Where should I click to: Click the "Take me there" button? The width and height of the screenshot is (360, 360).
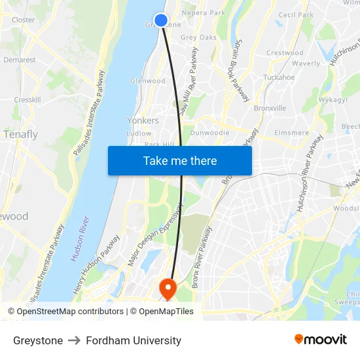(180, 160)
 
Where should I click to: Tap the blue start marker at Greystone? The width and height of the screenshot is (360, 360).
(160, 20)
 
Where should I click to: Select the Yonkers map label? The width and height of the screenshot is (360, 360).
(143, 121)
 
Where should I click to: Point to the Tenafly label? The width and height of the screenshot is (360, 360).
(21, 135)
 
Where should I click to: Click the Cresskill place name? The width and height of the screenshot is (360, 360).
(27, 100)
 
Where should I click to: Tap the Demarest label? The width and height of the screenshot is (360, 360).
(20, 60)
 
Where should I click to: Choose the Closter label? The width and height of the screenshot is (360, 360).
(24, 20)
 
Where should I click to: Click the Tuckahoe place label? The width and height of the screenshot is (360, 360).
(279, 77)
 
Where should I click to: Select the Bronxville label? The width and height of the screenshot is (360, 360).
(270, 108)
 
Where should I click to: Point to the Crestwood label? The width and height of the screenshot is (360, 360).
(285, 53)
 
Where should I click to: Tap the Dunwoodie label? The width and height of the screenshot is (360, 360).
(209, 133)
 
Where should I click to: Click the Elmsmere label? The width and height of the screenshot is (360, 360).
(292, 133)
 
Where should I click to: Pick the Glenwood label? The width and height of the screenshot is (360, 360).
(148, 81)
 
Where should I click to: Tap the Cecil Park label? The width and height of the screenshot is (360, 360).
(296, 15)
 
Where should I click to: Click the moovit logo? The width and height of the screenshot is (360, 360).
(321, 340)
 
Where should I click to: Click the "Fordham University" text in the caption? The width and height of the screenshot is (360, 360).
(134, 340)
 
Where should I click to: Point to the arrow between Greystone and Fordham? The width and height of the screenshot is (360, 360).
(74, 340)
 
